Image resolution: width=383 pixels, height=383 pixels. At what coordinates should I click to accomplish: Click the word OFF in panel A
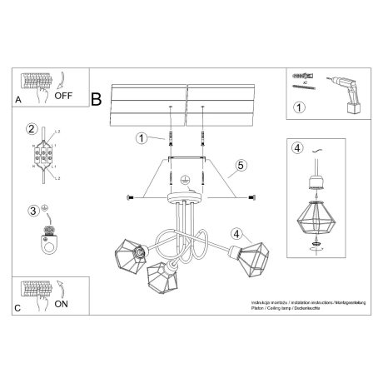64,95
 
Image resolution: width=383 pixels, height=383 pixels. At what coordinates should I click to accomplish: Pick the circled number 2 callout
32,129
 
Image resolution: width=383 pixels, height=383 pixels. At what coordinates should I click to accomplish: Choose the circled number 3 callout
32,210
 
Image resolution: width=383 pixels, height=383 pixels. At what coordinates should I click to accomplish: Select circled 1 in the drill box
299,107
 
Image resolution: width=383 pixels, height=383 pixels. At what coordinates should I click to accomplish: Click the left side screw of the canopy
130,196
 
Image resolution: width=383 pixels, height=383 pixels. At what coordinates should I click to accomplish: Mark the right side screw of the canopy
251,196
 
